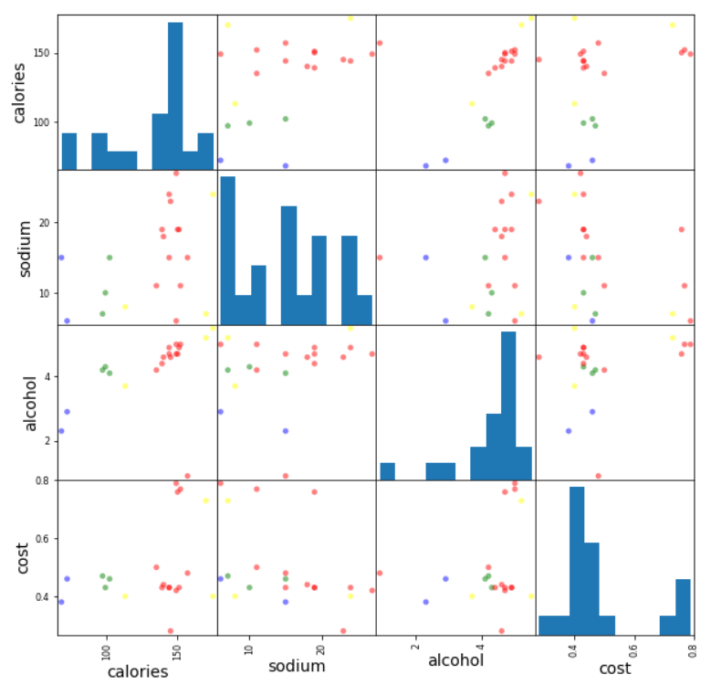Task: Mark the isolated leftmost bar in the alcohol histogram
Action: (x=387, y=471)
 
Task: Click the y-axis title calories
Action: (x=20, y=92)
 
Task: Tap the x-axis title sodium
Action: (x=295, y=666)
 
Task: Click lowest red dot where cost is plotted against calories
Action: (x=170, y=631)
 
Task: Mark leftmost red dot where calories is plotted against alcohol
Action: (x=380, y=43)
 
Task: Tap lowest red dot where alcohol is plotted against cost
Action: (x=599, y=476)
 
